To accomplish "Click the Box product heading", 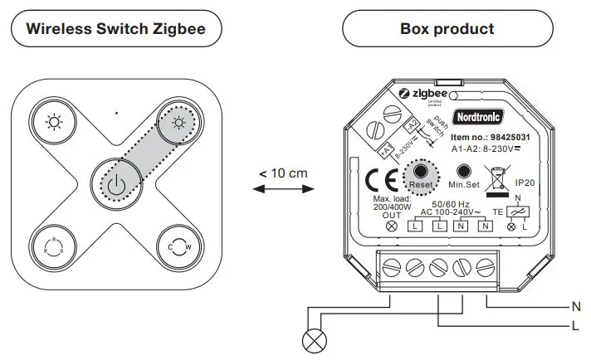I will coord(447,29).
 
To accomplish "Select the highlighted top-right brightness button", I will coord(178,124).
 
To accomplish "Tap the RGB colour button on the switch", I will coord(55,245).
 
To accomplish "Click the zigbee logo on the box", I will coord(424,94).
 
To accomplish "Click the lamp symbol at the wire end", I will coord(311,339).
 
